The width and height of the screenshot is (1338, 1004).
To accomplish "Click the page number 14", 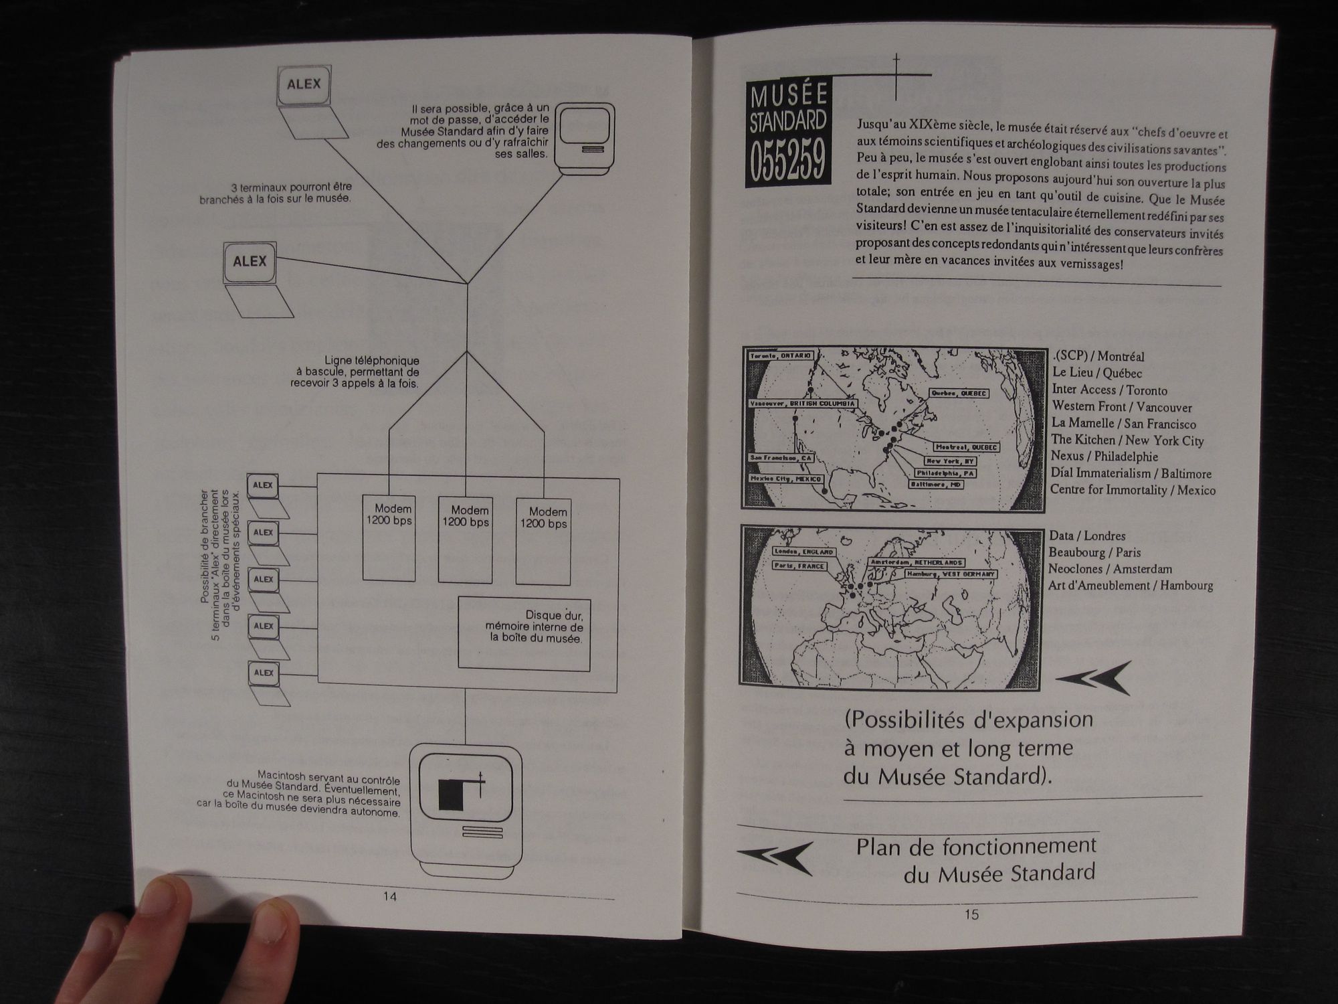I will point(389,896).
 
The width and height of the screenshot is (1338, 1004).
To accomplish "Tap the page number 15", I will point(971,914).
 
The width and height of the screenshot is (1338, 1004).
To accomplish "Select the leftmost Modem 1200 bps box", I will point(389,537).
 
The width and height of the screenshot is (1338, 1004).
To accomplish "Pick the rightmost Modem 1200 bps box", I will point(543,541).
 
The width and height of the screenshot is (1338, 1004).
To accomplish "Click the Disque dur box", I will point(524,633).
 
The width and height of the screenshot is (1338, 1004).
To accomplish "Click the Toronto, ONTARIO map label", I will point(781,355).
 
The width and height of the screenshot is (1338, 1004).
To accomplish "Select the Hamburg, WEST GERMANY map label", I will point(951,574).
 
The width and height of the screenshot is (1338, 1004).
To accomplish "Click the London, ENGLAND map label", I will point(803,552).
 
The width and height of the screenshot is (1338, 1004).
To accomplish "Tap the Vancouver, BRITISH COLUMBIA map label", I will point(802,404).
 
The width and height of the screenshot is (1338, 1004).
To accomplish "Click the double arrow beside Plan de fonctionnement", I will point(775,857).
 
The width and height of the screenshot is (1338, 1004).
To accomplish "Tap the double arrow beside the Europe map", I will point(1093,678).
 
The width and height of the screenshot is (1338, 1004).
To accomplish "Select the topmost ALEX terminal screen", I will point(304,84).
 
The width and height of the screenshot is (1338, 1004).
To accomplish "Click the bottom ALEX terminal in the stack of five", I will point(264,673).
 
